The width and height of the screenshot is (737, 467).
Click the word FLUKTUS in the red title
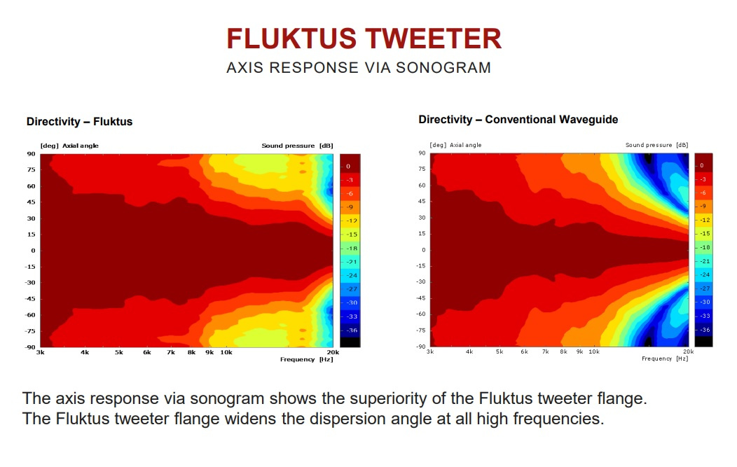291,39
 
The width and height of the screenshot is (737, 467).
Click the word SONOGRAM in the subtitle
443,68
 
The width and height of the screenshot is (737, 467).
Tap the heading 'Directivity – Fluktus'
79,122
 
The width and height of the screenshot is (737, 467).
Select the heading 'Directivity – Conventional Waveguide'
518,120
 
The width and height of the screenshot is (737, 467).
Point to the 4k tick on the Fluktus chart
85,352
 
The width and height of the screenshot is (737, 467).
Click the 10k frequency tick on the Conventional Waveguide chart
594,351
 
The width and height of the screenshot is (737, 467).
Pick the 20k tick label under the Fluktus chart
333,352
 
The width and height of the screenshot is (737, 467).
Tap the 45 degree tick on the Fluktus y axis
31,202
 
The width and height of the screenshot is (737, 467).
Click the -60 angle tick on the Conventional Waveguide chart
420,314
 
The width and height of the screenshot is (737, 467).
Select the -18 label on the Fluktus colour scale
352,248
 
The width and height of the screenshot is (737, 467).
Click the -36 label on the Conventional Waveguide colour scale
705,330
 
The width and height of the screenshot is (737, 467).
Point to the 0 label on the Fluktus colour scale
348,167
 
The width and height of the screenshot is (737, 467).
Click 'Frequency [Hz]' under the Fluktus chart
306,359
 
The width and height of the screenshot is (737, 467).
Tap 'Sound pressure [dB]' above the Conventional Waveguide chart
656,145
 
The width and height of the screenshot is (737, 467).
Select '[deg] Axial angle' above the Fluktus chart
69,146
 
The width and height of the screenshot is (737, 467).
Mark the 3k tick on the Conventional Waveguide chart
430,351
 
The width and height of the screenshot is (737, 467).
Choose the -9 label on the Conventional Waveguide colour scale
703,207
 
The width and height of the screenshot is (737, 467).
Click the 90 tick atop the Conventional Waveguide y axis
422,153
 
